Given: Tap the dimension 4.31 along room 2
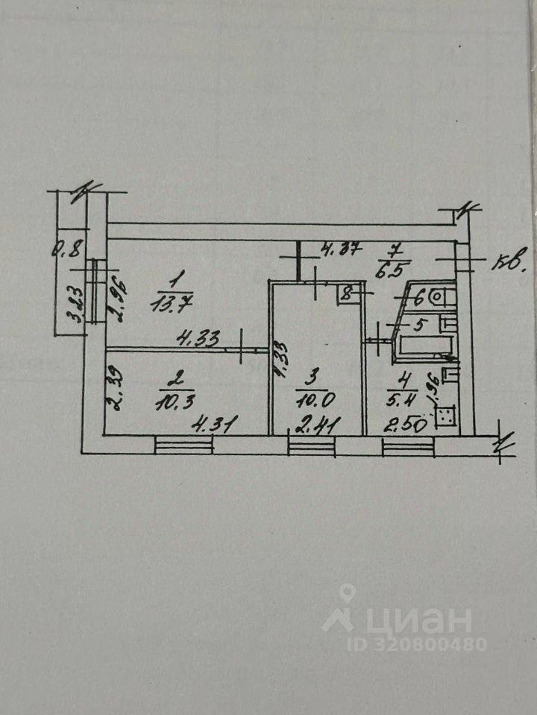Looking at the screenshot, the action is pyautogui.click(x=211, y=426).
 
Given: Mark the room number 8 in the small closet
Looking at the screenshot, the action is pyautogui.click(x=345, y=294).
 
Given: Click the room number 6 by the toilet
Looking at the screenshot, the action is pyautogui.click(x=419, y=298).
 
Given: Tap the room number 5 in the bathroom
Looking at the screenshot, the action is pyautogui.click(x=419, y=324).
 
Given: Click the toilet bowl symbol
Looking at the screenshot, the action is pyautogui.click(x=445, y=298).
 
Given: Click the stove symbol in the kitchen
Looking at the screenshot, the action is pyautogui.click(x=445, y=416).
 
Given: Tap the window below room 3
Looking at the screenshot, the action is pyautogui.click(x=312, y=446).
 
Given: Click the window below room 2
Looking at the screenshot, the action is pyautogui.click(x=183, y=446).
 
